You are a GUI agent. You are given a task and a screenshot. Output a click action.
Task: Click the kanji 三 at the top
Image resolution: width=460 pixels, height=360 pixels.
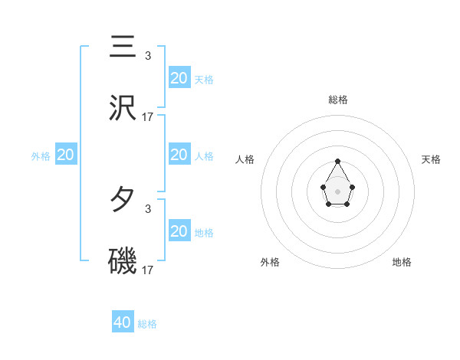(x=123, y=47)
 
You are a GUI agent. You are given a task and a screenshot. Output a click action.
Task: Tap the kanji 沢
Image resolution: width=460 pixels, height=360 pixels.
(x=123, y=109)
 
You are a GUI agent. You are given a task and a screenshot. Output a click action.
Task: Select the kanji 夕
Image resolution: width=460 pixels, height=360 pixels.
(x=123, y=200)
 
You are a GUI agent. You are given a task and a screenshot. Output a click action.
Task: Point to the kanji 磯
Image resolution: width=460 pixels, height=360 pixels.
(x=123, y=262)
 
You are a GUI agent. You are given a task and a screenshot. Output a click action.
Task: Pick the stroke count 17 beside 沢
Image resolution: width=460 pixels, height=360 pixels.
(x=148, y=117)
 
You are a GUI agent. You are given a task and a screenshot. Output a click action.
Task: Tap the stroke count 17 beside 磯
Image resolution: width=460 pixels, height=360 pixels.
(x=148, y=270)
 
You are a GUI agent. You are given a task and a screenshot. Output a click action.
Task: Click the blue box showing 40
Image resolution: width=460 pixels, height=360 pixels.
(x=123, y=322)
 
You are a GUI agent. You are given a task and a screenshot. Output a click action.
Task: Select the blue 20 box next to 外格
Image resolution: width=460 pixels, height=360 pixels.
(x=66, y=155)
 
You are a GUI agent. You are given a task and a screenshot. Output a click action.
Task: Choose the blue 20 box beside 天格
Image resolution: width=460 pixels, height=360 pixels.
(x=179, y=78)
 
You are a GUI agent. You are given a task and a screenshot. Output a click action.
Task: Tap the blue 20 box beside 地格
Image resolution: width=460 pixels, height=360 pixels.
(x=179, y=231)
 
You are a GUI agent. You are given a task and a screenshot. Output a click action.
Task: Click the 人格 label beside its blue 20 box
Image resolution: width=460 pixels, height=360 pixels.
(x=204, y=155)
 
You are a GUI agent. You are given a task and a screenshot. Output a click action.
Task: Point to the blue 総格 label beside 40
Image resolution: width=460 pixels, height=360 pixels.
(x=147, y=324)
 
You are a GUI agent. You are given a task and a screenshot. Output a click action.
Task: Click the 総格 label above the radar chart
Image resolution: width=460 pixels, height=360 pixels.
(x=337, y=100)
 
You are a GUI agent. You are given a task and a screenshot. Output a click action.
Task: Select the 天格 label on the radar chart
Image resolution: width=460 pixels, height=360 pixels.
(x=431, y=159)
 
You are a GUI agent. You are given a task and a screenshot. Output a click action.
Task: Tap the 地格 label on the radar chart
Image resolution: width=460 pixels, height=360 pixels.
(x=402, y=262)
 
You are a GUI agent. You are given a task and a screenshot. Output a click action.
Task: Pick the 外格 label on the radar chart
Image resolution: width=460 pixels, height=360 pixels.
(x=270, y=262)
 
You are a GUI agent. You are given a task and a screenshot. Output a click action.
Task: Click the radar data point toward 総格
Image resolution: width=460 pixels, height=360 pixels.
(x=337, y=161)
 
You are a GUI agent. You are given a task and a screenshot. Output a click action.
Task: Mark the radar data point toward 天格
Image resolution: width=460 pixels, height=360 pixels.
(x=352, y=186)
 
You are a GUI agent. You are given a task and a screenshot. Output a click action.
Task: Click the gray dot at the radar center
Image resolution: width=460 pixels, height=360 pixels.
(x=337, y=191)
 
